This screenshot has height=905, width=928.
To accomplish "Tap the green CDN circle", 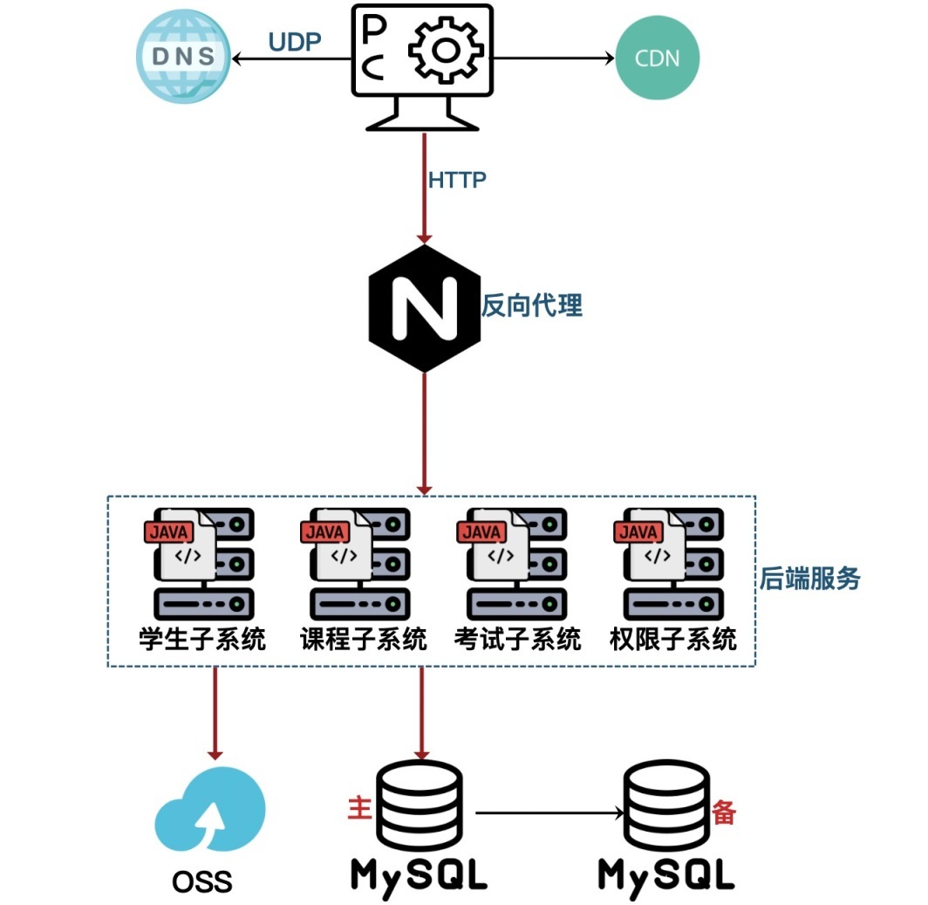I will tap(658, 59).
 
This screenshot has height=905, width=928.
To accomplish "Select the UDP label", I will tap(295, 42).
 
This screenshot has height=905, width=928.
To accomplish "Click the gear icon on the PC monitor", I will tap(445, 51).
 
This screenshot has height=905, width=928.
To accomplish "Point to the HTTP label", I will tap(457, 180).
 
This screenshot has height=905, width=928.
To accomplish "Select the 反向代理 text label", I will tap(532, 305).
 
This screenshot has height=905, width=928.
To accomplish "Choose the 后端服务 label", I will tap(809, 578).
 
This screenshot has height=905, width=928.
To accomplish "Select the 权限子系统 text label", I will tap(672, 639).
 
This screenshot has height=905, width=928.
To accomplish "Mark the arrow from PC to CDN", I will tap(554, 59).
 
